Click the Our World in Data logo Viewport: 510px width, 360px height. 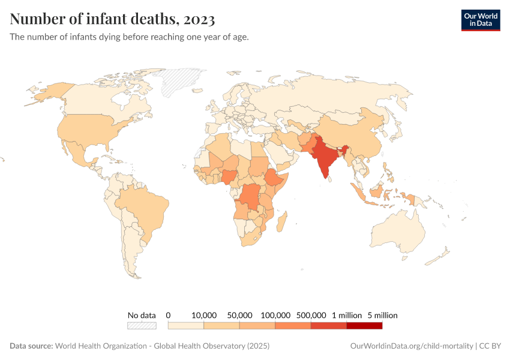(480, 20)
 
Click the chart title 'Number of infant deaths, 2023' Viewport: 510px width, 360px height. (112, 19)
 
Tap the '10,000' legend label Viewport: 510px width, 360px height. (204, 315)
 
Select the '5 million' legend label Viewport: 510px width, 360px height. (382, 315)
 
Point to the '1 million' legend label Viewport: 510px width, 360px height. (347, 315)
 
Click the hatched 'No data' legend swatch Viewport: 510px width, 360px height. (142, 326)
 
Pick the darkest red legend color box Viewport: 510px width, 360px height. (364, 326)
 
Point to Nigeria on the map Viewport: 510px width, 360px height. (229, 176)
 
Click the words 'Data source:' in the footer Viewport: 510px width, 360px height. (31, 346)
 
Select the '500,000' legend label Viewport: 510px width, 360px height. (311, 315)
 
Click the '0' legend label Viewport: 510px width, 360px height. (169, 315)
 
